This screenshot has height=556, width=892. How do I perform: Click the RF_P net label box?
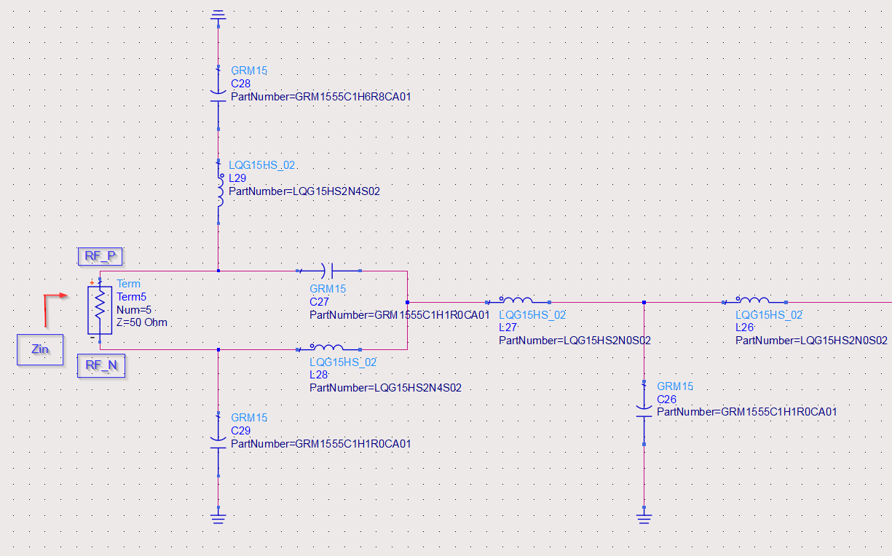click(x=100, y=256)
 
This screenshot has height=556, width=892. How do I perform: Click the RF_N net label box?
click(x=100, y=366)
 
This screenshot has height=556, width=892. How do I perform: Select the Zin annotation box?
click(x=40, y=349)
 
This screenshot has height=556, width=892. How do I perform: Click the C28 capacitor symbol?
click(x=218, y=95)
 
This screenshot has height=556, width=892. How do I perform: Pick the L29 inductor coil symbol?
click(x=218, y=191)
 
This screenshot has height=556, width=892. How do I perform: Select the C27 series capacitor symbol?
click(x=331, y=271)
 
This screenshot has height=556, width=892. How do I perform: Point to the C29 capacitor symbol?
click(x=218, y=442)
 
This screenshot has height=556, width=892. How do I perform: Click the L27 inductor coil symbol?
click(x=517, y=301)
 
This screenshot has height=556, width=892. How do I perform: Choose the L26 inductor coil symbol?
click(x=754, y=301)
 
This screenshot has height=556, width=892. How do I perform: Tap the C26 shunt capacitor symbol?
click(x=644, y=411)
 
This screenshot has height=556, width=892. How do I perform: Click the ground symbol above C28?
click(x=218, y=15)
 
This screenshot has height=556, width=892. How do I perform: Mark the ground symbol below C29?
click(x=218, y=518)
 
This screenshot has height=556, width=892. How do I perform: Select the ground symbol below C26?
click(x=644, y=518)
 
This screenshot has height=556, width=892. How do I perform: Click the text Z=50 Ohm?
click(x=142, y=322)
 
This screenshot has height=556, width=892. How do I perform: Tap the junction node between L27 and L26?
click(x=644, y=301)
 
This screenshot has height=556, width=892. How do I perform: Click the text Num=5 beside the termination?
click(x=134, y=309)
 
